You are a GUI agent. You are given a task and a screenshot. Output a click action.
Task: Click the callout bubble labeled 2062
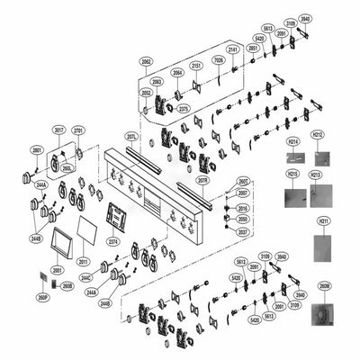(x=146, y=61)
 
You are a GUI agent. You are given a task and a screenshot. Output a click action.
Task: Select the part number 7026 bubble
(x=218, y=60)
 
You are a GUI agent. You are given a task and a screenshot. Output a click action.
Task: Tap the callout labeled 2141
(x=232, y=49)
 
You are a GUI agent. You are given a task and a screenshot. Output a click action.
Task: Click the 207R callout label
(x=203, y=180)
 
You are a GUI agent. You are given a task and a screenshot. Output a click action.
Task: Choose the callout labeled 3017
(x=58, y=130)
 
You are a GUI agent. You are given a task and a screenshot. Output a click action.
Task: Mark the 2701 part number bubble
(x=77, y=130)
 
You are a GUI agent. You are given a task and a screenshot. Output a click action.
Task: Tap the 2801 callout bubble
(x=37, y=149)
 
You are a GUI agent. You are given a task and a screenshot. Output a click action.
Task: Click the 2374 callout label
(x=113, y=242)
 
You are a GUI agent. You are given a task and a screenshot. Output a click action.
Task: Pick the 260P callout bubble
(x=42, y=296)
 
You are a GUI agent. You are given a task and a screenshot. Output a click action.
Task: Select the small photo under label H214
(x=294, y=159)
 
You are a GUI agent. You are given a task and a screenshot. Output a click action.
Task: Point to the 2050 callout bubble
(x=243, y=219)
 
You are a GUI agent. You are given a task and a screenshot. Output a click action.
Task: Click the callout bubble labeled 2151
(x=196, y=67)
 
